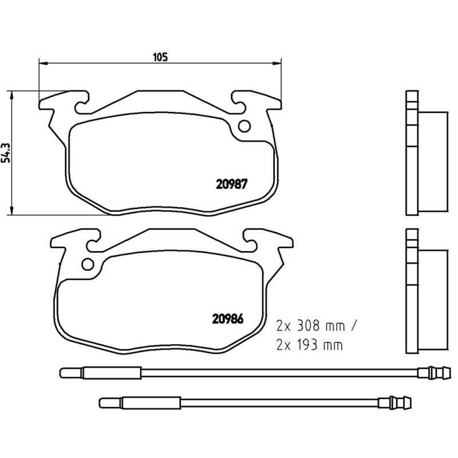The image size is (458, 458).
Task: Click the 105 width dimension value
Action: point(160,57)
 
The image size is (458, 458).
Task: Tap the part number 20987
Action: point(231,184)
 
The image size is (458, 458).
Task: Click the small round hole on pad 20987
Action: point(244,127)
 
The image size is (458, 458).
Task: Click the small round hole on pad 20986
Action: point(88,264)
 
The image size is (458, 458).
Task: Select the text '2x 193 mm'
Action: point(309,345)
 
